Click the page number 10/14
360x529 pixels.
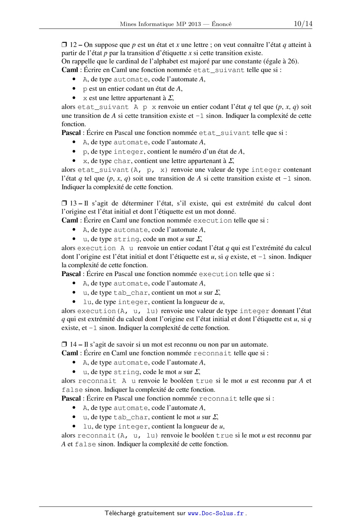(x=303, y=24)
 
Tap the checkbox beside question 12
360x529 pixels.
(x=64, y=45)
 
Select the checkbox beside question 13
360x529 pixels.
(x=64, y=203)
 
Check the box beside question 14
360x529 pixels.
(x=64, y=344)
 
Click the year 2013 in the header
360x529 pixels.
(x=194, y=24)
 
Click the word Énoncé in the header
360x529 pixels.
(x=222, y=24)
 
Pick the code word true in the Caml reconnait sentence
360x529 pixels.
(x=204, y=381)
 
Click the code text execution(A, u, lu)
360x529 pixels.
(x=118, y=311)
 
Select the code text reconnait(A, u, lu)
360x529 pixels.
(x=118, y=436)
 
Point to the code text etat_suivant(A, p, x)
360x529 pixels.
(x=122, y=170)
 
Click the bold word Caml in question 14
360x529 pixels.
(x=70, y=353)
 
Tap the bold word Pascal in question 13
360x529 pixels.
(x=71, y=274)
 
